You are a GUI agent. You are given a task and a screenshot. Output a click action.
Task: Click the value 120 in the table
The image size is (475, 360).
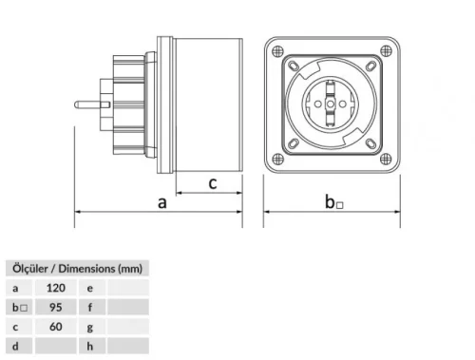click(x=57, y=286)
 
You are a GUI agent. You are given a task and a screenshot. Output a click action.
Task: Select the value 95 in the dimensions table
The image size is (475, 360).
click(x=57, y=306)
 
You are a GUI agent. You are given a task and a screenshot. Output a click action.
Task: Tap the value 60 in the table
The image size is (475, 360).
click(x=57, y=326)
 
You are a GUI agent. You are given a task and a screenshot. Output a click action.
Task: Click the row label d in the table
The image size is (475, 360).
click(x=15, y=346)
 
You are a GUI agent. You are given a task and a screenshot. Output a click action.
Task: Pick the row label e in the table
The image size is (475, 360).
click(x=90, y=286)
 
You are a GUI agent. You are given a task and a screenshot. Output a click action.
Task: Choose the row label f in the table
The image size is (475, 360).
click(x=90, y=306)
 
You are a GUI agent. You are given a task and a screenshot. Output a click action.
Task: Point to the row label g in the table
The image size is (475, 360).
click(x=90, y=326)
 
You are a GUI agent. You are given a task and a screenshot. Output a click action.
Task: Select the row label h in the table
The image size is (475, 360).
click(x=90, y=346)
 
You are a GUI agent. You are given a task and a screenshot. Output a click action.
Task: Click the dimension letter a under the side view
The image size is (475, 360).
click(x=162, y=201)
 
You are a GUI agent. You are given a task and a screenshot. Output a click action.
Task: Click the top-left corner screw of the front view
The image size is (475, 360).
click(x=274, y=49)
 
